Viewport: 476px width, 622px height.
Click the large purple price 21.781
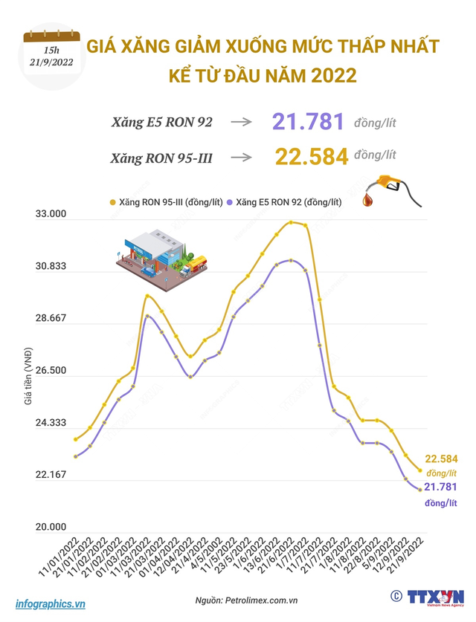click(308, 123)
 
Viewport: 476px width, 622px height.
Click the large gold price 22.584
click(312, 157)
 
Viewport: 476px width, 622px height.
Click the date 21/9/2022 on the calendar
click(51, 62)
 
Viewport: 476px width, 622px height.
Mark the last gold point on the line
click(419, 470)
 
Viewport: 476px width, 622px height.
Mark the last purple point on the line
click(419, 489)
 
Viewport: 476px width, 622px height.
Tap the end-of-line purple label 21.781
click(440, 487)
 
